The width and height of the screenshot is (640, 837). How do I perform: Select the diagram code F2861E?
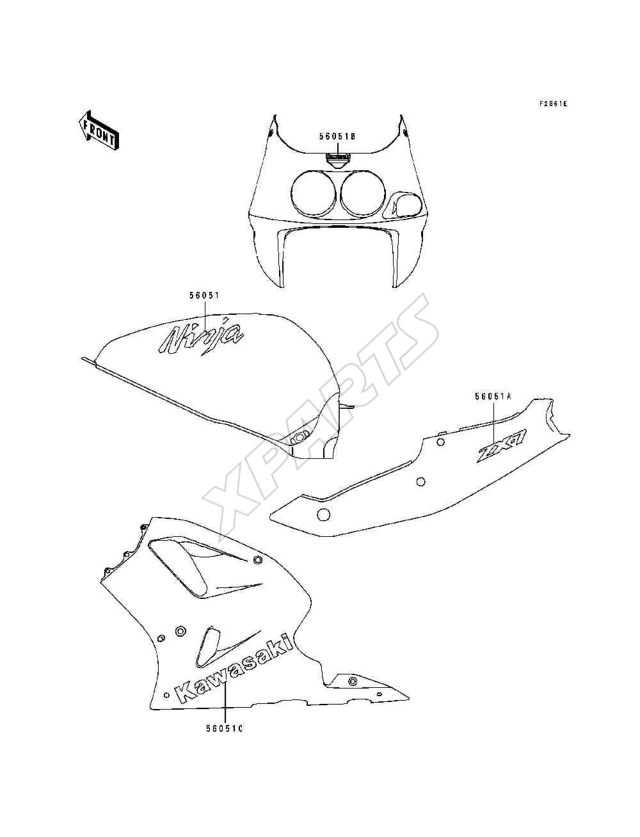pos(553,104)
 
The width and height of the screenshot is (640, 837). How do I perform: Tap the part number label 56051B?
pos(337,136)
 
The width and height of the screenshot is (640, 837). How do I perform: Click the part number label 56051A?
pos(493,397)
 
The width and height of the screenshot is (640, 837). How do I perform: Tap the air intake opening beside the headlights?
pos(404,205)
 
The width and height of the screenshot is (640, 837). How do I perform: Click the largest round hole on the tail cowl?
pos(323,516)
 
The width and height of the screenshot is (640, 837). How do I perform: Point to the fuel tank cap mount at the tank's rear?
pos(300,436)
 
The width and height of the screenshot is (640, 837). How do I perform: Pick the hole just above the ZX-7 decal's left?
pos(440,442)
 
